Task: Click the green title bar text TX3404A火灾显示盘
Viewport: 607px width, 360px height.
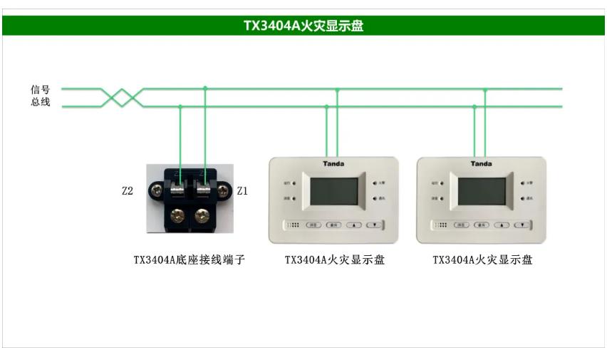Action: (x=303, y=26)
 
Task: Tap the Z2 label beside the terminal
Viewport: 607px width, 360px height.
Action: (x=128, y=191)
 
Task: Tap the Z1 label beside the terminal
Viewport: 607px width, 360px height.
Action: (x=242, y=191)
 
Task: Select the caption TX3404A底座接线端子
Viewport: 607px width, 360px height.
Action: (x=190, y=260)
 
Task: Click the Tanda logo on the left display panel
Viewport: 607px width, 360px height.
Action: (x=333, y=164)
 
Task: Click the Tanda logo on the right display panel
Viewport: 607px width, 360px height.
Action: (x=481, y=164)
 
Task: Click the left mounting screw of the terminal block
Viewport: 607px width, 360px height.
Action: (x=155, y=191)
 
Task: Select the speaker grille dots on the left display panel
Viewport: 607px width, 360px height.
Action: (x=294, y=225)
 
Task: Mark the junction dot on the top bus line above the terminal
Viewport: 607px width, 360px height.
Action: (x=205, y=88)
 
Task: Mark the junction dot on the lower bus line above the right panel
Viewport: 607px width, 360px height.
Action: (x=474, y=107)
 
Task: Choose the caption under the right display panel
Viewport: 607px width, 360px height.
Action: (x=482, y=260)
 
